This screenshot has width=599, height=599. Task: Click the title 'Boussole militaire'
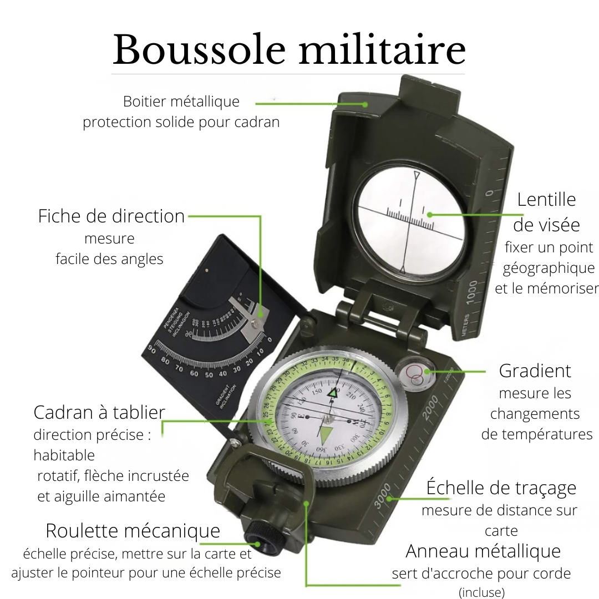[x=289, y=50]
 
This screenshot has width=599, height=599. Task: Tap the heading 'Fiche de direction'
[x=111, y=216]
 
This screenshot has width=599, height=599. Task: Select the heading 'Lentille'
[x=546, y=200]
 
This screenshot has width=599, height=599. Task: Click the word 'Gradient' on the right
[x=535, y=370]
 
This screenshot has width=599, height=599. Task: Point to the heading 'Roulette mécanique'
[x=133, y=531]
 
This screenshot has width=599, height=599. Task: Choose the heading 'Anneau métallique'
[x=483, y=551]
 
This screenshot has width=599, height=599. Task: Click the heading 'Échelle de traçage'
[x=501, y=488]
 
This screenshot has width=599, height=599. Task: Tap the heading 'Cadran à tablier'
[x=99, y=413]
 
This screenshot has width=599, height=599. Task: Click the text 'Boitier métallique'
[x=181, y=101]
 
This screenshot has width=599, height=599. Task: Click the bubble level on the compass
[x=415, y=374]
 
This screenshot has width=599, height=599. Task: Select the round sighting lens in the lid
[x=409, y=221]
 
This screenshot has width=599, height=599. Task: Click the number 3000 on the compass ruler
[x=382, y=496]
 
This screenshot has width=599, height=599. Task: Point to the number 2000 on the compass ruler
[x=430, y=408]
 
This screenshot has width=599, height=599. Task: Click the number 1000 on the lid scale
[x=472, y=292]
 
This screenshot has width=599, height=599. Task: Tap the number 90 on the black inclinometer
[x=152, y=349]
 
